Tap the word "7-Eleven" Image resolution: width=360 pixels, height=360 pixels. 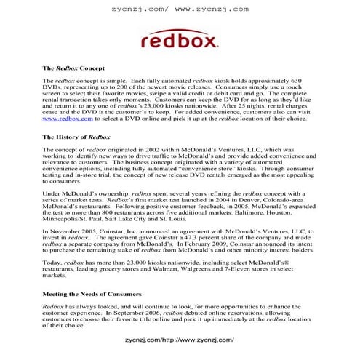pos(288,269)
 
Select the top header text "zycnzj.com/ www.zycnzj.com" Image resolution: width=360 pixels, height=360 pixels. pos(180,9)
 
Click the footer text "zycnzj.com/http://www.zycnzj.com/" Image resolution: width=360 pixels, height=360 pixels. pos(179,339)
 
